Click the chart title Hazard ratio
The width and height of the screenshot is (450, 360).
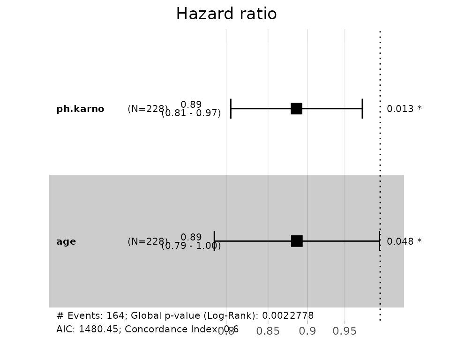click(x=226, y=14)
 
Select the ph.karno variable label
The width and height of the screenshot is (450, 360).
click(x=80, y=109)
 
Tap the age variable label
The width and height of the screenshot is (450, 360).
click(x=66, y=242)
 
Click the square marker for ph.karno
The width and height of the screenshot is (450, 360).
click(x=296, y=109)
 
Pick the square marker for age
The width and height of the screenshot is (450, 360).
click(x=297, y=241)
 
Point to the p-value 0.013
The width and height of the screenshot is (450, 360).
click(x=400, y=109)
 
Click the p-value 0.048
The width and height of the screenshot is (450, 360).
click(x=400, y=242)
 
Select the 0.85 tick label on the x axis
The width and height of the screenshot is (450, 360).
click(x=268, y=331)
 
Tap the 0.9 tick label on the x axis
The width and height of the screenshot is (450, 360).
click(x=307, y=331)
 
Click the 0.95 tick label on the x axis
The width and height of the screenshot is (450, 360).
click(x=345, y=331)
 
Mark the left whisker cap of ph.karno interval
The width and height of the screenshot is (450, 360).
click(x=231, y=109)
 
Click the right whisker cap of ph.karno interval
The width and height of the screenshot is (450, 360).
click(x=362, y=109)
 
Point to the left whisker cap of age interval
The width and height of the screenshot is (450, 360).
click(x=214, y=241)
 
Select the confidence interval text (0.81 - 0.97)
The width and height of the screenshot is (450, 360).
click(x=191, y=113)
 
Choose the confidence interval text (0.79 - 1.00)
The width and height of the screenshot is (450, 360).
click(x=191, y=246)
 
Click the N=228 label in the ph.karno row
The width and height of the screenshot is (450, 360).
click(x=147, y=109)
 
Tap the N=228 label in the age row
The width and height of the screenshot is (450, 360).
click(x=147, y=242)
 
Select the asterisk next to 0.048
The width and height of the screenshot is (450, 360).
click(x=419, y=241)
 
